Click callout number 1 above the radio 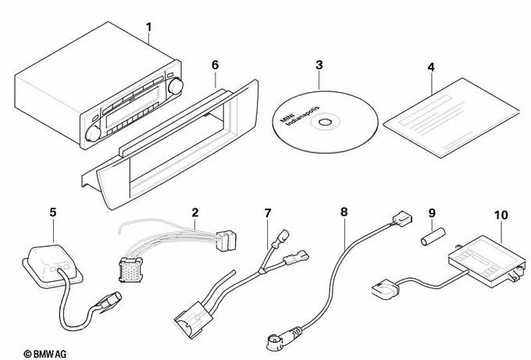pos(148,27)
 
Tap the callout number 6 pos(216,65)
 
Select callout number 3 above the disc pos(319,65)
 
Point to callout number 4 pos(431,67)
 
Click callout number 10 pos(501,215)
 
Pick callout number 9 pos(432,213)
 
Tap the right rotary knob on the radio pos(176,86)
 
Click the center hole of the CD pos(325,122)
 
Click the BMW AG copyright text pos(45,354)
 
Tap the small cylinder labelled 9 pos(433,236)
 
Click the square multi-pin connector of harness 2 pos(130,269)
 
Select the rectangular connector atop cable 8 pos(401,219)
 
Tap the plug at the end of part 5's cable pos(109,301)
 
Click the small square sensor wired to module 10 pos(384,287)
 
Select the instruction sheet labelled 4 pos(451,117)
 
